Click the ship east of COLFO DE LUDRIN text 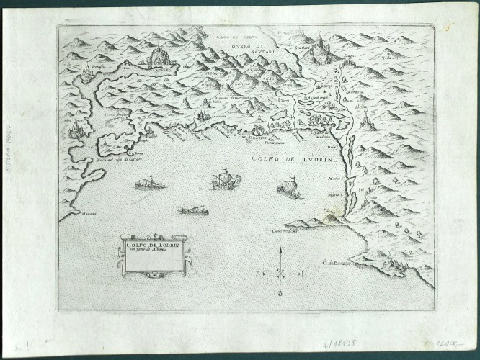289,189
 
